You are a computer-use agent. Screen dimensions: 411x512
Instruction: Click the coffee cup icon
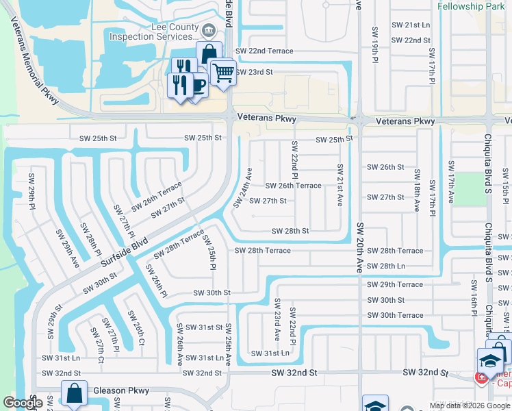(x=198, y=86)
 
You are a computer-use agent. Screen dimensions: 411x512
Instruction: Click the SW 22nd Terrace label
(x=264, y=51)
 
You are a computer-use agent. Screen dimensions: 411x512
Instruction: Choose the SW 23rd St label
(x=254, y=72)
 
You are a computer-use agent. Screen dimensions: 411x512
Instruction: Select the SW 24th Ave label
(x=243, y=187)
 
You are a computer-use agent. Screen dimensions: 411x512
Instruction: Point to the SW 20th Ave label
(x=359, y=247)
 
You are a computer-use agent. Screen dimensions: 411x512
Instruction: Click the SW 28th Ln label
(x=386, y=266)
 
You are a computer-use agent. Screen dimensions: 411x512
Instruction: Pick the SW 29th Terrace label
(x=395, y=284)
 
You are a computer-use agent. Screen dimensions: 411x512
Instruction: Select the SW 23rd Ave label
(x=277, y=320)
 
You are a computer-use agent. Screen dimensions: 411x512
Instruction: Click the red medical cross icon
(x=481, y=377)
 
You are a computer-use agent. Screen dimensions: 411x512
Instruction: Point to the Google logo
(x=23, y=403)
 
